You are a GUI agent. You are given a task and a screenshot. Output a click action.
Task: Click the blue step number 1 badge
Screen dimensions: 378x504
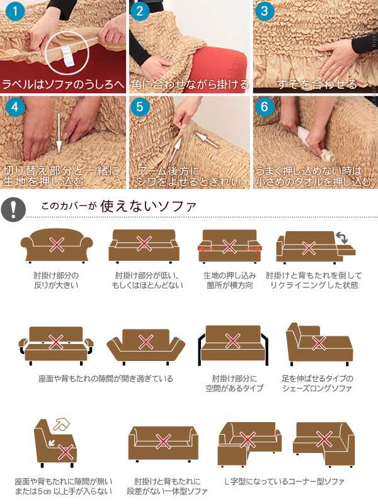point(15,12)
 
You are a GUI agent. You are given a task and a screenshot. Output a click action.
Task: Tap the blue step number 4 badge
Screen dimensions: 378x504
point(15,106)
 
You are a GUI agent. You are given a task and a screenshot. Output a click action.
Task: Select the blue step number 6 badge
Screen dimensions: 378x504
point(264,106)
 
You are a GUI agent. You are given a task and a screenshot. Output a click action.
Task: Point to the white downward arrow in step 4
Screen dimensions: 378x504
point(59,137)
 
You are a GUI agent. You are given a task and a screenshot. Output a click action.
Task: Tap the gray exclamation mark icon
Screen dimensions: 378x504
point(13,209)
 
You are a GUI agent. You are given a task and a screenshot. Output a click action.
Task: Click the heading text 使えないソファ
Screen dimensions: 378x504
point(148,206)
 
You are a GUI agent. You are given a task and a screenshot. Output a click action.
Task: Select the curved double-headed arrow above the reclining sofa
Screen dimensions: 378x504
point(341,238)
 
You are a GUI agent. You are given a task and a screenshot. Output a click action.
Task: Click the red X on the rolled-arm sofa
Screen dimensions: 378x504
point(57,245)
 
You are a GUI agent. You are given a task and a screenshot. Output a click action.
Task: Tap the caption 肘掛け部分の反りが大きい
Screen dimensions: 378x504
point(56,280)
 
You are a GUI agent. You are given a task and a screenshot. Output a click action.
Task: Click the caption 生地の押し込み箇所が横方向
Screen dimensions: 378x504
point(229,280)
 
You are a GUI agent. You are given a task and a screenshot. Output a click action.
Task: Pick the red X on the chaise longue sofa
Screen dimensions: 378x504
point(319,343)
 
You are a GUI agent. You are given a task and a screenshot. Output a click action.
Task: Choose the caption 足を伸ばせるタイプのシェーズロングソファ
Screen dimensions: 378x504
point(318,383)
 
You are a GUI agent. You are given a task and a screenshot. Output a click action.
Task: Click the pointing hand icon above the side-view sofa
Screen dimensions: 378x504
point(62,425)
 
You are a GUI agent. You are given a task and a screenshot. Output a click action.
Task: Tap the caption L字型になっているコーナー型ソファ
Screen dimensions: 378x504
point(285,481)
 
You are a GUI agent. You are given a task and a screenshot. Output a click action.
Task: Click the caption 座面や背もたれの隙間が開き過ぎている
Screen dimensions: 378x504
point(106,379)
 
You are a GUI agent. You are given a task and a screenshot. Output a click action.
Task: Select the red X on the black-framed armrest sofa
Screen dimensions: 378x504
point(232,341)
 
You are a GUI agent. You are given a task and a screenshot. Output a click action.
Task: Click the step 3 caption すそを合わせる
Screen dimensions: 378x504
point(317,84)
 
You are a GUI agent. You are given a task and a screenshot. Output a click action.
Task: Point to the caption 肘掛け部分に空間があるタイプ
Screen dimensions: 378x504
point(234,383)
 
